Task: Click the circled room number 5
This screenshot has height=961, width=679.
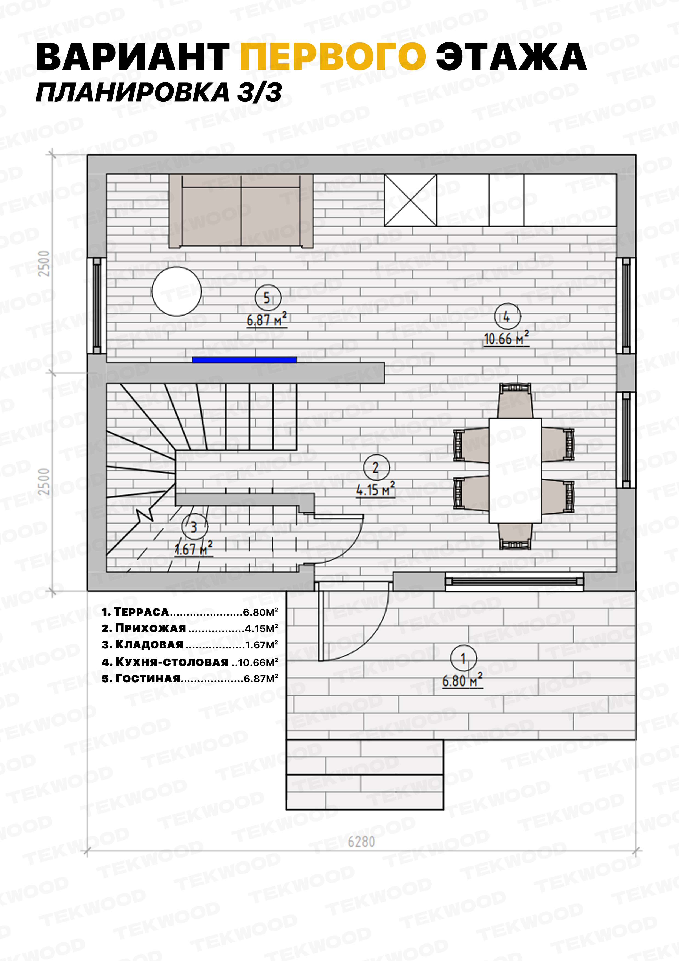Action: click(x=268, y=298)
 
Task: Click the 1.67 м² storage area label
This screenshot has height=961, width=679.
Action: click(x=194, y=548)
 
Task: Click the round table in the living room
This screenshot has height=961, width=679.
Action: click(x=177, y=291)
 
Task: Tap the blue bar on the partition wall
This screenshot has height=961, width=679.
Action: click(x=244, y=359)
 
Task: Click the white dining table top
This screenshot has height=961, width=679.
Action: click(x=516, y=470)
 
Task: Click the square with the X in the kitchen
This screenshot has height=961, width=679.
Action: click(x=410, y=200)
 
